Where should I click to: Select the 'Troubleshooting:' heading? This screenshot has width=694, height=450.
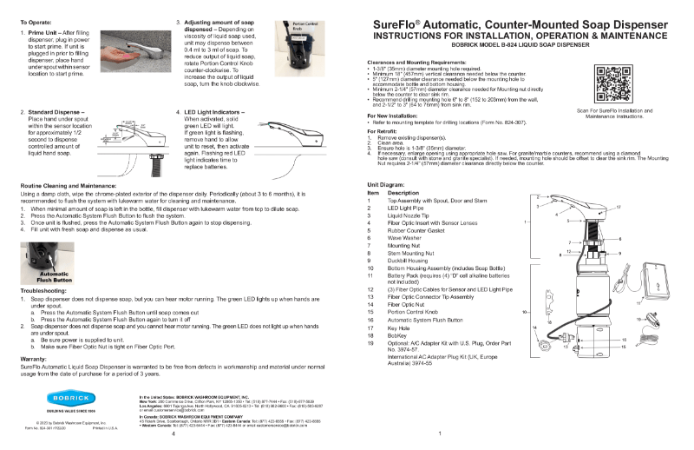click(43, 289)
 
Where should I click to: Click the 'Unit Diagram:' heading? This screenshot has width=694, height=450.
click(388, 186)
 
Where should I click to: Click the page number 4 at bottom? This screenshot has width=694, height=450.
click(173, 434)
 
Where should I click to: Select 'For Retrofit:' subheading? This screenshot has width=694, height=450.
click(385, 130)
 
